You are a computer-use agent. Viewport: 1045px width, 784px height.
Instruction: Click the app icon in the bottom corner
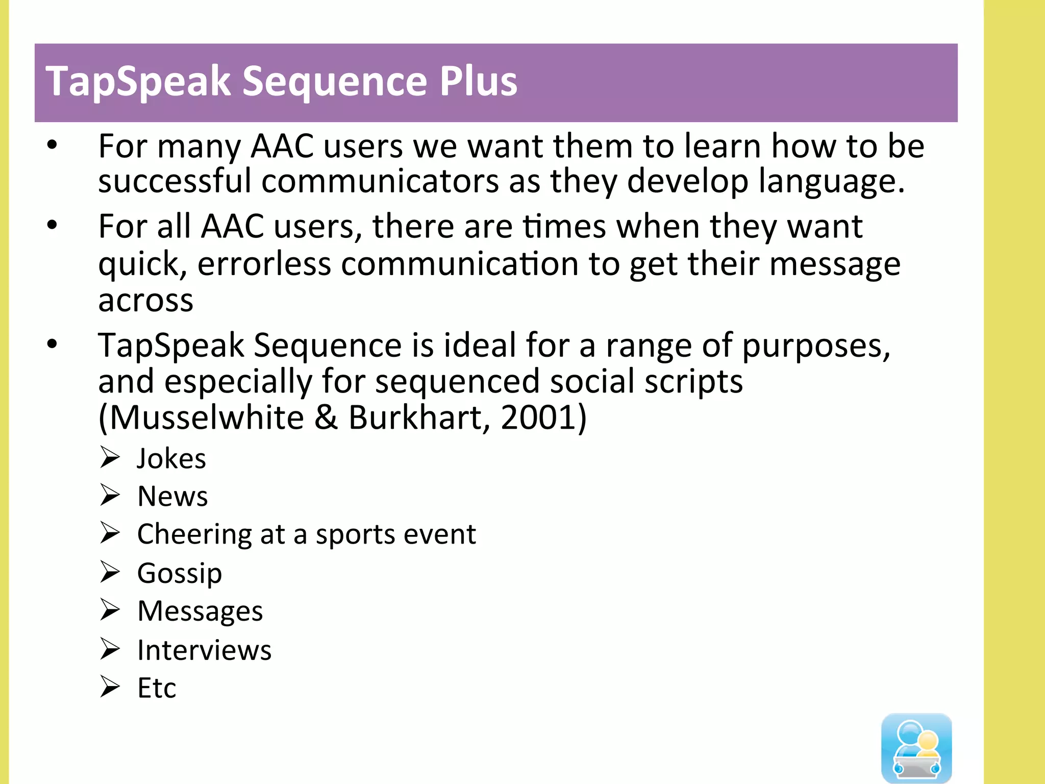pos(916,748)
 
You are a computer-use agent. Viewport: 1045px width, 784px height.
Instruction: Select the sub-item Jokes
pos(171,458)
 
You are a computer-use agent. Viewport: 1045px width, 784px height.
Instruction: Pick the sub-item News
pos(172,496)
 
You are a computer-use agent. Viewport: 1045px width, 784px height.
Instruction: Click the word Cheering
pos(194,535)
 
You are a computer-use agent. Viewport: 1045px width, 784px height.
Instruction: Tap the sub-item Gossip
pos(180,573)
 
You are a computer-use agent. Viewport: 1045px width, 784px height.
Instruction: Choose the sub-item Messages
pos(200,611)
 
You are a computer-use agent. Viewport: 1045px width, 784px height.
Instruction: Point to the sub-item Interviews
pos(204,650)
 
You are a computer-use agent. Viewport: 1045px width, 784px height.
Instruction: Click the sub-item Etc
pos(157,688)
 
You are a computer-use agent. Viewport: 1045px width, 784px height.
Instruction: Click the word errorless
pos(264,264)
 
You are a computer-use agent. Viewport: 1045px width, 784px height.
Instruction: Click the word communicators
pos(380,181)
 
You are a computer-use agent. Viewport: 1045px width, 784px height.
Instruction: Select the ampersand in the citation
pos(326,418)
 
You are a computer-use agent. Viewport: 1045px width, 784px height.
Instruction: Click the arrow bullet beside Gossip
pos(110,572)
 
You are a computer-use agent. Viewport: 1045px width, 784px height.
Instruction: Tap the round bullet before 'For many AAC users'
pos(52,145)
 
